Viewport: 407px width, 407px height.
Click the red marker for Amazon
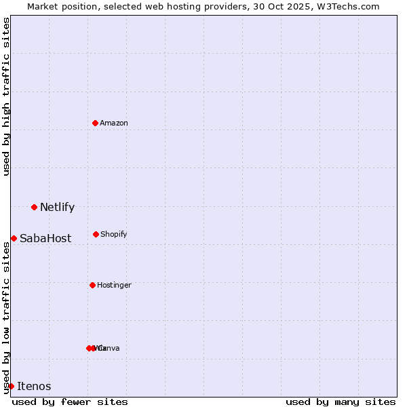95,123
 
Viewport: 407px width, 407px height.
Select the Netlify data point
34,207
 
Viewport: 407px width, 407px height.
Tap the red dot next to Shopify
96,234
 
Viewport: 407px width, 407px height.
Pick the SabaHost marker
14,238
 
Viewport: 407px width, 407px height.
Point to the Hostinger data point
92,285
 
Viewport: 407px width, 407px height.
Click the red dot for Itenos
11,386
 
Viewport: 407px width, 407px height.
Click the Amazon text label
114,123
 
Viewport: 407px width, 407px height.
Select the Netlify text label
57,208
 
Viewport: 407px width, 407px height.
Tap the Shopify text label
114,234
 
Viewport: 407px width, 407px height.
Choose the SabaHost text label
45,239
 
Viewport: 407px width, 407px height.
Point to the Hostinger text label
114,285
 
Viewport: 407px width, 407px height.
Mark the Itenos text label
34,387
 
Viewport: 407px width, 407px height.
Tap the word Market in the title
43,6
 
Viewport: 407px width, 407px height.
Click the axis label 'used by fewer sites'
70,402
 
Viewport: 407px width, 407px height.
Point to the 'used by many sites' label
341,402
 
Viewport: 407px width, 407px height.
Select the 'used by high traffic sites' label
6,96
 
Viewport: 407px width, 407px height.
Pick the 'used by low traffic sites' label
6,316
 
